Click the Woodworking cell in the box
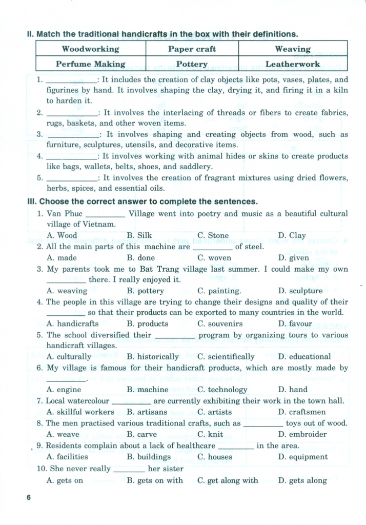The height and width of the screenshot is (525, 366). coord(90,49)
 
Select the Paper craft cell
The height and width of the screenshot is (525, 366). coord(192,49)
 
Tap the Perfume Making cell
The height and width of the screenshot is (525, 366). coord(90,64)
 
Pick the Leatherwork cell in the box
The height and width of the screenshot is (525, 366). coord(293,64)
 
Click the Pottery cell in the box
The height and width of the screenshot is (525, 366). coord(192,64)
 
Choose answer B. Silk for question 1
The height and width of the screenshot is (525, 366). coord(139,236)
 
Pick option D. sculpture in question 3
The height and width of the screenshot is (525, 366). coord(300,291)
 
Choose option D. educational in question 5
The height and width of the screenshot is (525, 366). coord(304,357)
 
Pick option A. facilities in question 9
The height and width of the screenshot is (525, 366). coord(67,457)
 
